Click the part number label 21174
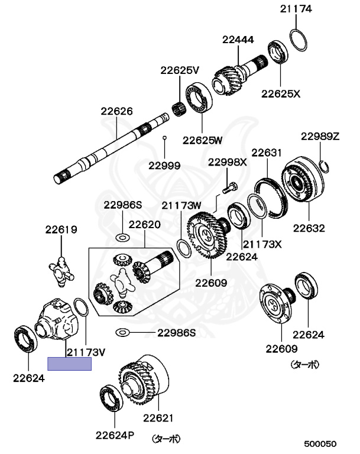click(296, 9)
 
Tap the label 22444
click(238, 40)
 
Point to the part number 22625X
click(281, 94)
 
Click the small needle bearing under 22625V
click(179, 109)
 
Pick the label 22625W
click(202, 140)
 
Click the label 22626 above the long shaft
click(116, 111)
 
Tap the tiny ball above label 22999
click(164, 138)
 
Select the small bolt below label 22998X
click(230, 187)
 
